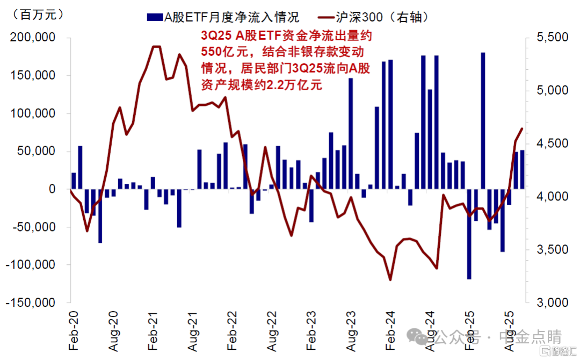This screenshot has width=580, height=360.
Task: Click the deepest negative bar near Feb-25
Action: tap(469, 234)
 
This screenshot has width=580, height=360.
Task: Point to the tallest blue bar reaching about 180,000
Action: tap(483, 121)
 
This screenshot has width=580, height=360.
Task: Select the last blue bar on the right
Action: tap(522, 169)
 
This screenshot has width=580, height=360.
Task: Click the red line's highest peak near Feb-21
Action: tap(156, 47)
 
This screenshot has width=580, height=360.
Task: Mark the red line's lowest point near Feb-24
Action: tap(390, 279)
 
